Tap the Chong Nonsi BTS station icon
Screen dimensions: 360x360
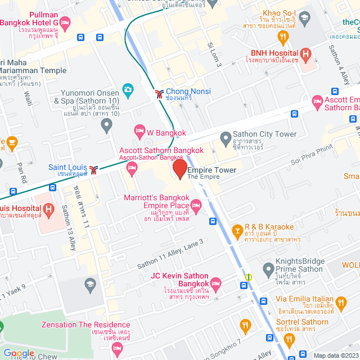(x=159, y=92)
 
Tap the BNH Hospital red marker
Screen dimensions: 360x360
(x=306, y=54)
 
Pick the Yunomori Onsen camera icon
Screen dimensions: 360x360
(x=128, y=90)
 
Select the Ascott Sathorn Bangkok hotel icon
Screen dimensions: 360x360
(x=133, y=167)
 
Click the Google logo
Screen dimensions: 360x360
(x=19, y=353)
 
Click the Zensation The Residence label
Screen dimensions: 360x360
(x=85, y=325)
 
